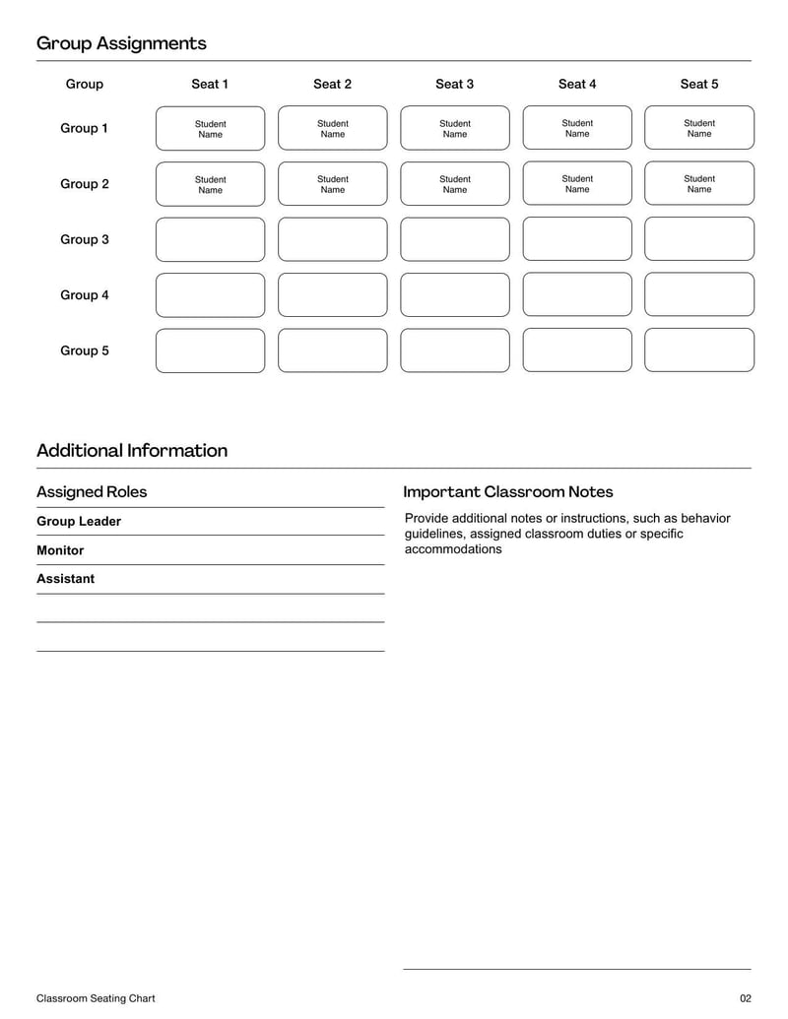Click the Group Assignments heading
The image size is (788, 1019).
[121, 43]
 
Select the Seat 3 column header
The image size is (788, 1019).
[454, 84]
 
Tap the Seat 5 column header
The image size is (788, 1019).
[699, 84]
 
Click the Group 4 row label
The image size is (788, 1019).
[85, 294]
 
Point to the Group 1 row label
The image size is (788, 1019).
[85, 128]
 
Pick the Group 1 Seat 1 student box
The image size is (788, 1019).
[210, 128]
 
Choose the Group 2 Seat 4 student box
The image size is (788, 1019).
[577, 183]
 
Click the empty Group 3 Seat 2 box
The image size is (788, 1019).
[333, 239]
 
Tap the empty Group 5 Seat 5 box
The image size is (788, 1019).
[699, 350]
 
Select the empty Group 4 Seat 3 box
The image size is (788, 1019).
[455, 294]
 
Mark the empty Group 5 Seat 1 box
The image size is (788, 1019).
[210, 350]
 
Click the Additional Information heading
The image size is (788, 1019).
[132, 451]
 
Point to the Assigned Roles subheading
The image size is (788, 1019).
[92, 491]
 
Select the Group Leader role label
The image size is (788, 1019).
[79, 521]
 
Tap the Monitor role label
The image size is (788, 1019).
[60, 550]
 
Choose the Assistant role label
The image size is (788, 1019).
[66, 579]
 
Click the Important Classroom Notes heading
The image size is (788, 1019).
[507, 491]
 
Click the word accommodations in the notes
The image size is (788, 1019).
[453, 549]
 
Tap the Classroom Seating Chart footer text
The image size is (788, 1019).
[96, 998]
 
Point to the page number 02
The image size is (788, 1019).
[746, 998]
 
